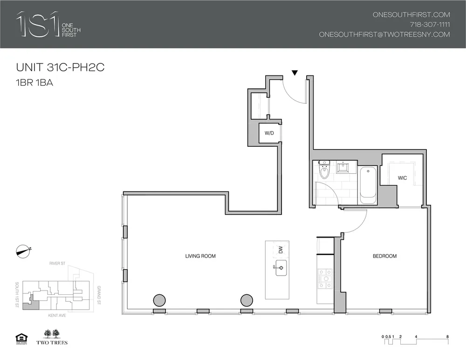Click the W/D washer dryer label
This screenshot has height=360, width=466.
(269, 133)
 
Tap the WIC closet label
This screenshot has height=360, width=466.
(403, 178)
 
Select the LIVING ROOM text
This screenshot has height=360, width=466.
(200, 256)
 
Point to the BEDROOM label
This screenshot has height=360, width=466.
(384, 256)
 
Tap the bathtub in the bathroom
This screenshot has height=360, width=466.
(368, 185)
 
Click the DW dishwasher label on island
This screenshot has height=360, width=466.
(281, 250)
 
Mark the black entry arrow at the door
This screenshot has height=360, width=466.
(295, 73)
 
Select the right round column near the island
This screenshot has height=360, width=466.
(247, 300)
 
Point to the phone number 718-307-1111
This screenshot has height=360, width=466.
(430, 24)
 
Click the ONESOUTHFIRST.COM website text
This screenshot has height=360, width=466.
(411, 14)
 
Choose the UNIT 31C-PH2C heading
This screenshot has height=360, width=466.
(60, 68)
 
